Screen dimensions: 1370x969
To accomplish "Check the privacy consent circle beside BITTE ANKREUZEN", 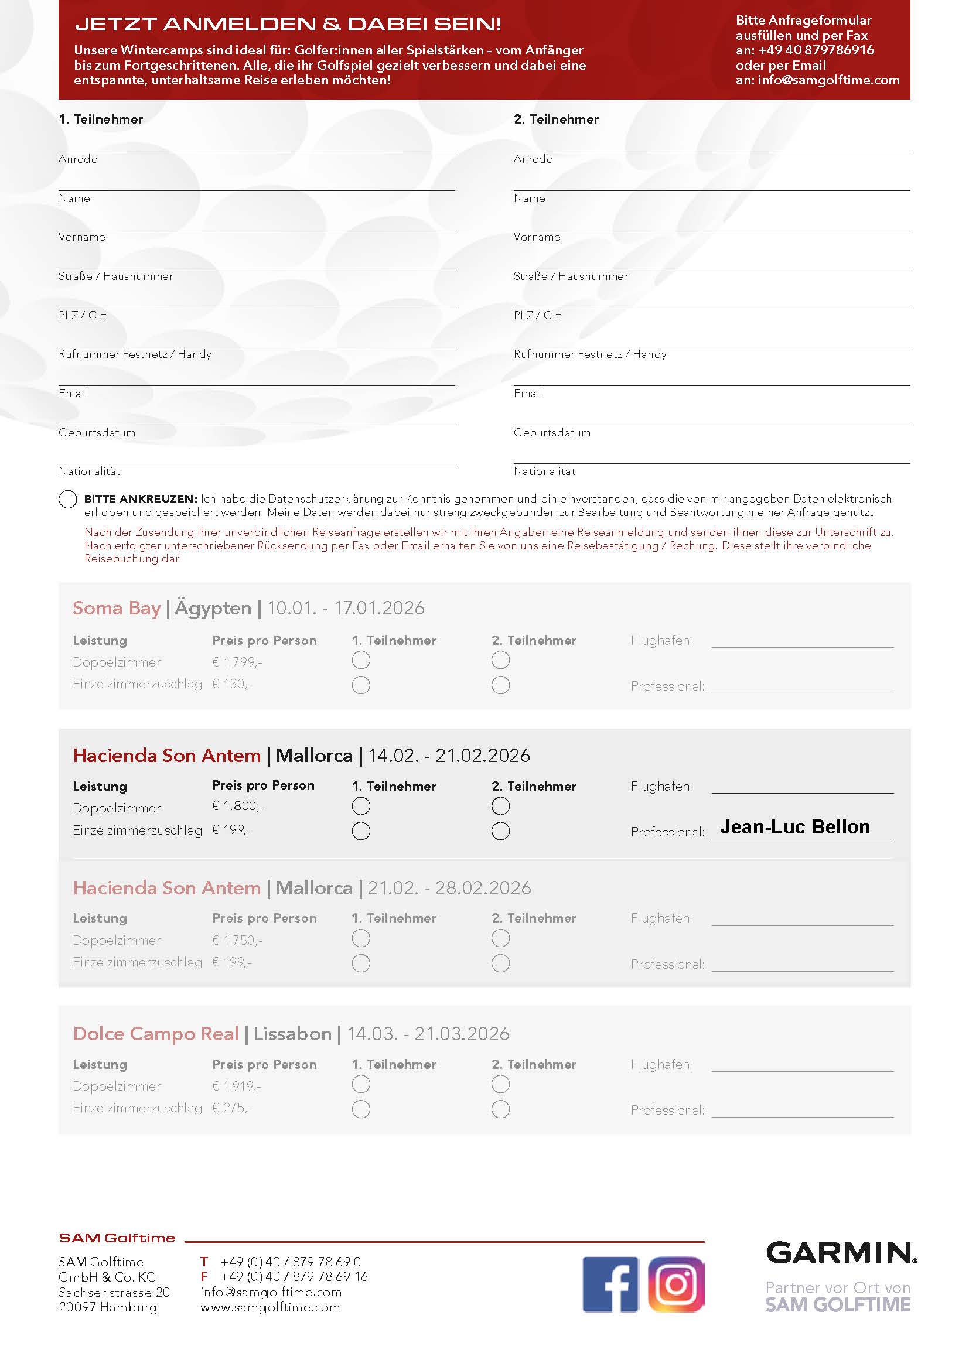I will (x=67, y=499).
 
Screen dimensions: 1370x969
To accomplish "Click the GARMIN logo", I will (x=841, y=1253).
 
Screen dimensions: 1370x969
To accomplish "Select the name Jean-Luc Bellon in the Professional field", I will (x=795, y=826).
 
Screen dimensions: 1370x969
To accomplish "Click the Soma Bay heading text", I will (x=117, y=608).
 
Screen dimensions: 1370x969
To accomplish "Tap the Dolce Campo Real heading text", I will (x=156, y=1033).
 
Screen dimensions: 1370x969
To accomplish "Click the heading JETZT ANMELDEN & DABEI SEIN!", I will (x=288, y=24).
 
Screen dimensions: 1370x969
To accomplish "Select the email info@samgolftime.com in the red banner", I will (x=828, y=80).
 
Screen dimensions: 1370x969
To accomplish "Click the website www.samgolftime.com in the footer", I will (x=270, y=1307).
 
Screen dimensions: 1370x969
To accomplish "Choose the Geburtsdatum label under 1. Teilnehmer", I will (x=97, y=433).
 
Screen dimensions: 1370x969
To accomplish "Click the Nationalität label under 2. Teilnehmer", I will (x=544, y=472).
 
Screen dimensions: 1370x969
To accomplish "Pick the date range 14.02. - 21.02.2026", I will (x=449, y=756).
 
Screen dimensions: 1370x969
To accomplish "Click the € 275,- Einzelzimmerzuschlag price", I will (x=232, y=1108).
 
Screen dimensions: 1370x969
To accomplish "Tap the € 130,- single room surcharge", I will (x=232, y=684).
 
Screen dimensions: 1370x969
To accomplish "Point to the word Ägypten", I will (x=213, y=608).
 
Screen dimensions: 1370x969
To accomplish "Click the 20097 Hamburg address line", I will (x=108, y=1307).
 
